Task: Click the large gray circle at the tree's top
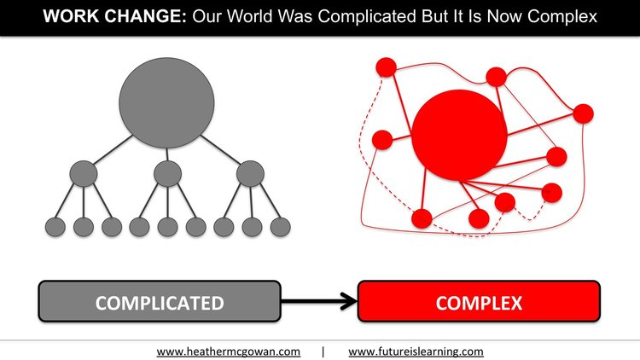pyautogui.click(x=166, y=103)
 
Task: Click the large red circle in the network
pyautogui.click(x=459, y=135)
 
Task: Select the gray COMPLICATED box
pyautogui.click(x=160, y=301)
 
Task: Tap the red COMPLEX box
pyautogui.click(x=479, y=301)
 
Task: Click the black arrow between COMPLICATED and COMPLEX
pyautogui.click(x=319, y=302)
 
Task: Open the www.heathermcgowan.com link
pyautogui.click(x=228, y=351)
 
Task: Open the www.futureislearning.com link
pyautogui.click(x=416, y=351)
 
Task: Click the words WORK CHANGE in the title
pyautogui.click(x=114, y=16)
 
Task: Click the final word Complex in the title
pyautogui.click(x=561, y=17)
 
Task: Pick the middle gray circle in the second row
pyautogui.click(x=168, y=173)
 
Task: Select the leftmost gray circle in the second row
pyautogui.click(x=84, y=173)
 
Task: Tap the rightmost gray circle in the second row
pyautogui.click(x=250, y=173)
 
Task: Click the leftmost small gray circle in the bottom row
pyautogui.click(x=55, y=227)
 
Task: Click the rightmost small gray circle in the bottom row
pyautogui.click(x=281, y=227)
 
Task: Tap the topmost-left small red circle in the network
pyautogui.click(x=386, y=67)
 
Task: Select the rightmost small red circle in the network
pyautogui.click(x=583, y=113)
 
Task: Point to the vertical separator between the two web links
pyautogui.click(x=323, y=351)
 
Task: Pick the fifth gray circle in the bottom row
pyautogui.click(x=168, y=227)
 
